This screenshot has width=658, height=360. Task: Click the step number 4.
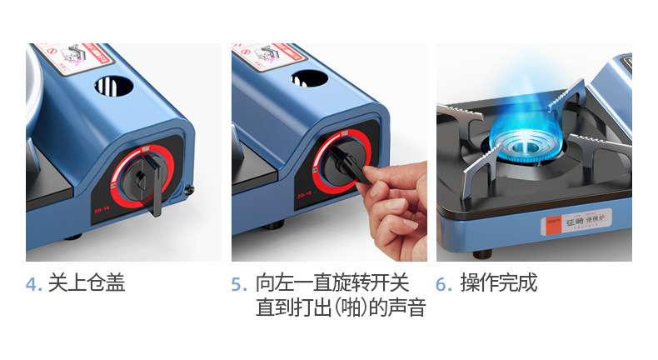pyautogui.click(x=32, y=284)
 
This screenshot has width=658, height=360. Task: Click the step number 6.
pyautogui.click(x=444, y=284)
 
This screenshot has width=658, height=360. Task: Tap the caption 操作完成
pyautogui.click(x=499, y=283)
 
